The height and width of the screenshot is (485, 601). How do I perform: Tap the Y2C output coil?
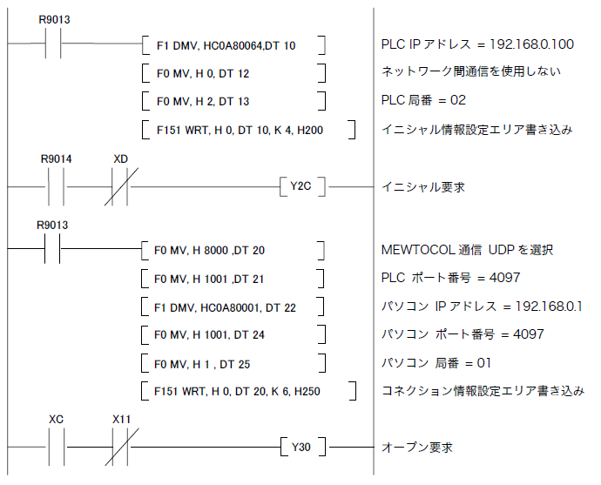coord(301,186)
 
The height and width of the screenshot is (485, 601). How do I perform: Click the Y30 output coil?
coord(301,448)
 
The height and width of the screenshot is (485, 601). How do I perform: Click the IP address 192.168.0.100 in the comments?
coord(535,44)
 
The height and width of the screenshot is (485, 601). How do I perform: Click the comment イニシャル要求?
coord(422,186)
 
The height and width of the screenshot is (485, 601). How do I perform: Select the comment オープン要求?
coord(417,448)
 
